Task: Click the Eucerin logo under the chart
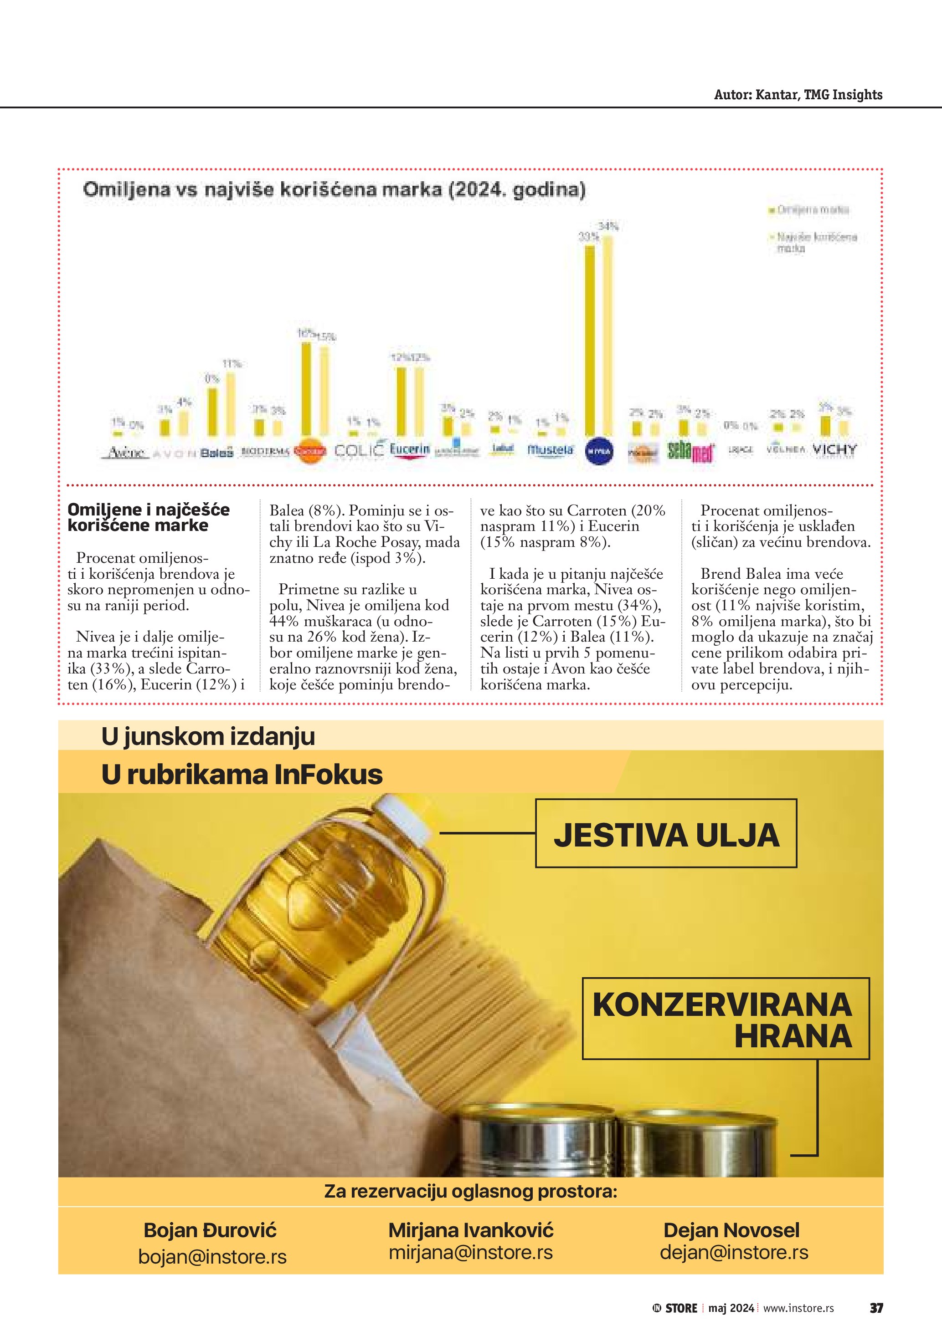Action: [x=410, y=449]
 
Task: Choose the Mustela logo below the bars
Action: [x=550, y=449]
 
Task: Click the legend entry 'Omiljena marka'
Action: [x=813, y=210]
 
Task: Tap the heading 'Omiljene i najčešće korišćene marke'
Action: [x=149, y=517]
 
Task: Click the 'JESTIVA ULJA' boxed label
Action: [x=666, y=836]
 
